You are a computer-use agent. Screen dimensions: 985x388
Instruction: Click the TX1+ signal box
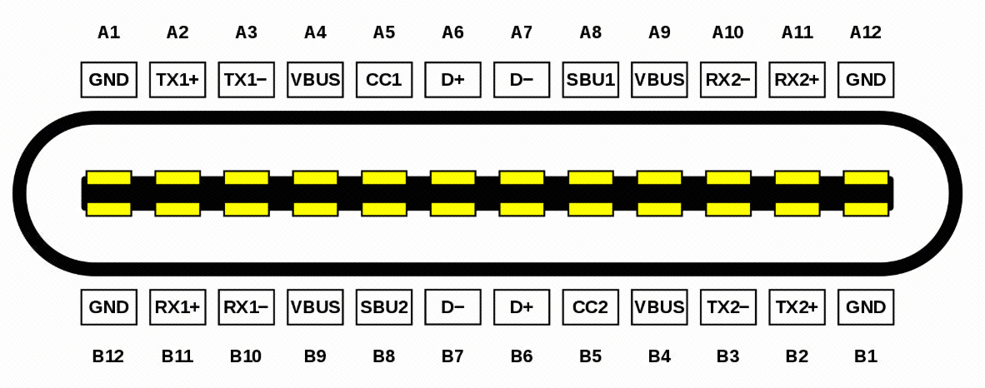[177, 80]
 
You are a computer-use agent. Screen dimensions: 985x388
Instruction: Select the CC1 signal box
[384, 80]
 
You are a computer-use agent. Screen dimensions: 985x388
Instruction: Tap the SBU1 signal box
[591, 80]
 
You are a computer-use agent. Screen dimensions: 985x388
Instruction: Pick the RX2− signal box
[728, 80]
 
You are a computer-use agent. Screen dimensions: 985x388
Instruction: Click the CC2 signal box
[591, 307]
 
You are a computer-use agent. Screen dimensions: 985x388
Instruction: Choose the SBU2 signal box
[384, 307]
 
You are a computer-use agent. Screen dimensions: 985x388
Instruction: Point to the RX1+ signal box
[177, 307]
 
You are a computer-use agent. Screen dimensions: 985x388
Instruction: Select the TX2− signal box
[728, 307]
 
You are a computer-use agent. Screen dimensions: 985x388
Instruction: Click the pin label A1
[108, 32]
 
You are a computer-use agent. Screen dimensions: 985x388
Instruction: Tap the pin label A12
[866, 32]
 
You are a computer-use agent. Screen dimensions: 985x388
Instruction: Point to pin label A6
[452, 32]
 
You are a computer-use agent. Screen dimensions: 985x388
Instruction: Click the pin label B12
[108, 356]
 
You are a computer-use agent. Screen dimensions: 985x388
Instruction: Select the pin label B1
[866, 356]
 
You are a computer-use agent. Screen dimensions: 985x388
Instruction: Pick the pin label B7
[452, 356]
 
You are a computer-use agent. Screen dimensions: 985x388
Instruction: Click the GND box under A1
[108, 80]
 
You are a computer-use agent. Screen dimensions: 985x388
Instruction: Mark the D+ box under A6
[452, 80]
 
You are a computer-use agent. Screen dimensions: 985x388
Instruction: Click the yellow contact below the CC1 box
[384, 177]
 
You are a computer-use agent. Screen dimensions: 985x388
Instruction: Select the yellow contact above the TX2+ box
[797, 208]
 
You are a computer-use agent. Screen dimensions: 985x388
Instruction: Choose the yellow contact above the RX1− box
[246, 208]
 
